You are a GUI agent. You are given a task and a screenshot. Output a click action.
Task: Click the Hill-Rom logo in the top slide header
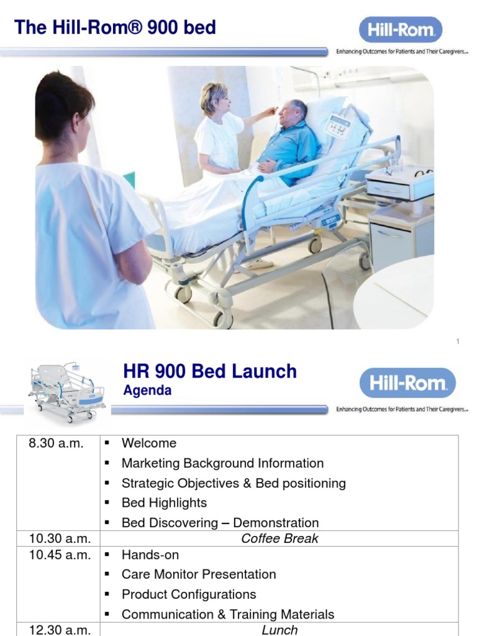point(401,30)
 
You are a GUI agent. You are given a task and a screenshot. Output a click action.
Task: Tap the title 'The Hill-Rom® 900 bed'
point(115,27)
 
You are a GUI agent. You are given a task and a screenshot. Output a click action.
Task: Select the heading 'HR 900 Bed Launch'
point(210,372)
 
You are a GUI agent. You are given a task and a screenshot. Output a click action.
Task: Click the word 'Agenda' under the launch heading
point(147,391)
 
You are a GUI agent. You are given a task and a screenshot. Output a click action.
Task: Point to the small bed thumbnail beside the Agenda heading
point(66,388)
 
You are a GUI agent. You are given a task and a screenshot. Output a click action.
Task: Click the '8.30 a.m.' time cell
point(56,443)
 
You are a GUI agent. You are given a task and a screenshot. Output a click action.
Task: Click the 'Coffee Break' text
point(279,538)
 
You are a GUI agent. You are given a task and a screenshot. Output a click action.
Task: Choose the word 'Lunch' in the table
point(279,630)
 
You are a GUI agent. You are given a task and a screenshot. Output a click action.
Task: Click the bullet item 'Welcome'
point(149,443)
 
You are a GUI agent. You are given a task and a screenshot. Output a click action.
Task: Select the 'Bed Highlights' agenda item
point(164,503)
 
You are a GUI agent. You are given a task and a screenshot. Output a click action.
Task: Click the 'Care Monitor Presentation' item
point(199,575)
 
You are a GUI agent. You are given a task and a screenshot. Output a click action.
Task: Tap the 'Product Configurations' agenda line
point(189,594)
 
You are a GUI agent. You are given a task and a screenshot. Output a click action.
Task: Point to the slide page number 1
point(458,342)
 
